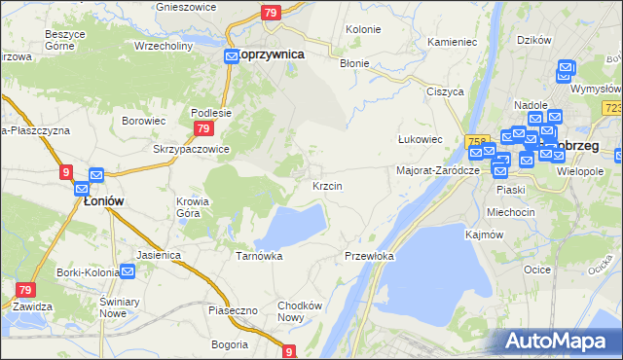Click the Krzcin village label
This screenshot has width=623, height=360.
[326, 185]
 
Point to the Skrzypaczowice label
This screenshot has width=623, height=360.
[191, 149]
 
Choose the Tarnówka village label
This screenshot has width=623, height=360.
[259, 256]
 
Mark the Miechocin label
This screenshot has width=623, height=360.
[511, 212]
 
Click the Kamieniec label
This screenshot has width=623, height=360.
[452, 44]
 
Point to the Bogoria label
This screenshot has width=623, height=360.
[230, 344]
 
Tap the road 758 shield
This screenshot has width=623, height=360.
[476, 141]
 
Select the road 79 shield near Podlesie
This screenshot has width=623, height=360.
[202, 128]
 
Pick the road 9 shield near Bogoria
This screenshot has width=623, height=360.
[289, 351]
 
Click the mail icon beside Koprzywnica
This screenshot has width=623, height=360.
[232, 56]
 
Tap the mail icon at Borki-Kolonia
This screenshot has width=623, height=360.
[126, 272]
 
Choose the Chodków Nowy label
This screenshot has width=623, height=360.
[299, 311]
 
